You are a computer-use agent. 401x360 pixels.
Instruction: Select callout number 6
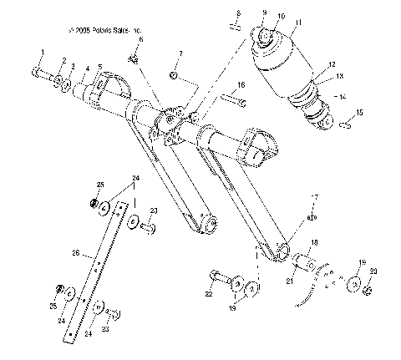(x=140, y=39)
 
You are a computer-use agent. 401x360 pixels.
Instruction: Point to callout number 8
(x=238, y=13)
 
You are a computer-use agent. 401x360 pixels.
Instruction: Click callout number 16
(x=240, y=84)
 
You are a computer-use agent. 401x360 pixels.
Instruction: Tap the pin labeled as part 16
(x=234, y=102)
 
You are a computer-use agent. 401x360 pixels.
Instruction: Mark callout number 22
(x=208, y=294)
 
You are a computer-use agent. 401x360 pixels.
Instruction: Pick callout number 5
(x=99, y=67)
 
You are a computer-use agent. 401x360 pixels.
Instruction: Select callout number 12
(x=332, y=63)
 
